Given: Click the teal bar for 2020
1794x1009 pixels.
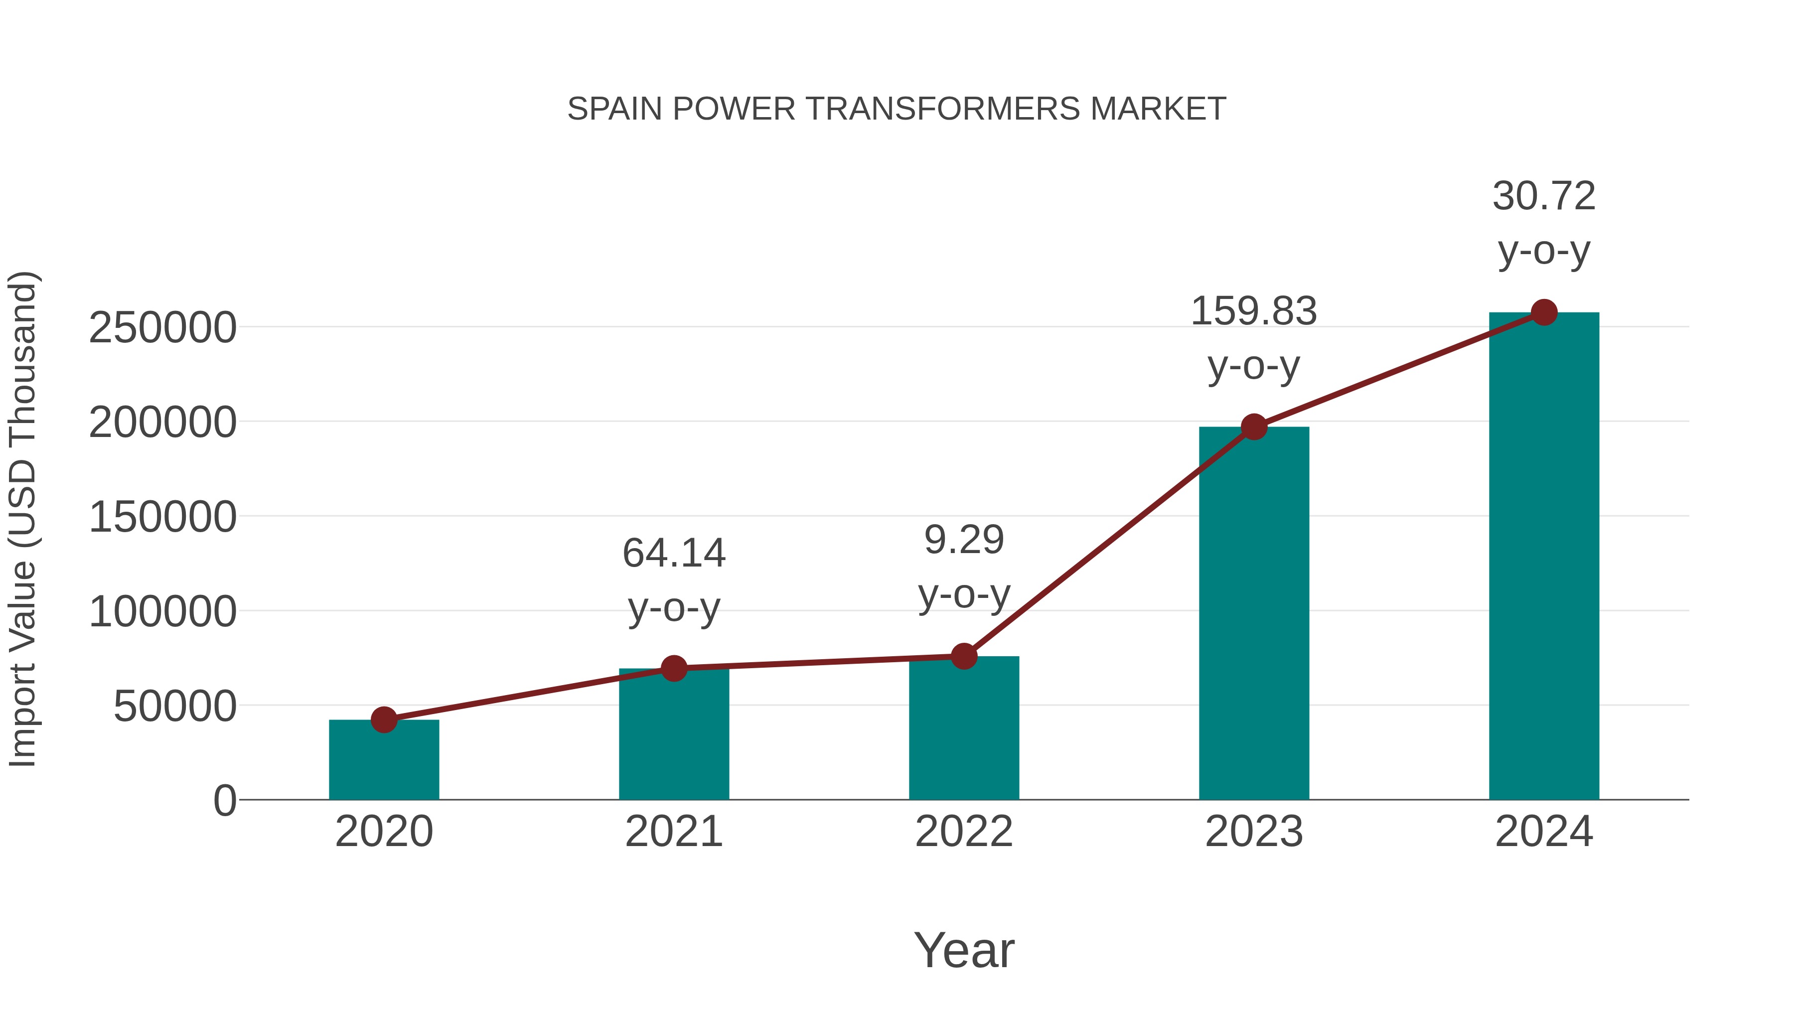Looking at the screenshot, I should coord(384,762).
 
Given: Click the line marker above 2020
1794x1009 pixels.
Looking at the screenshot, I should coord(384,720).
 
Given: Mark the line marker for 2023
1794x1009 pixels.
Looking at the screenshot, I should coord(1254,427).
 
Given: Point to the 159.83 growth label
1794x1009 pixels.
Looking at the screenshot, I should coord(1254,311).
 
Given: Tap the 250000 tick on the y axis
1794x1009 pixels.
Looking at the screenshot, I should coord(162,328).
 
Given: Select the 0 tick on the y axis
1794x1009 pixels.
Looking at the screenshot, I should coord(224,801).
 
